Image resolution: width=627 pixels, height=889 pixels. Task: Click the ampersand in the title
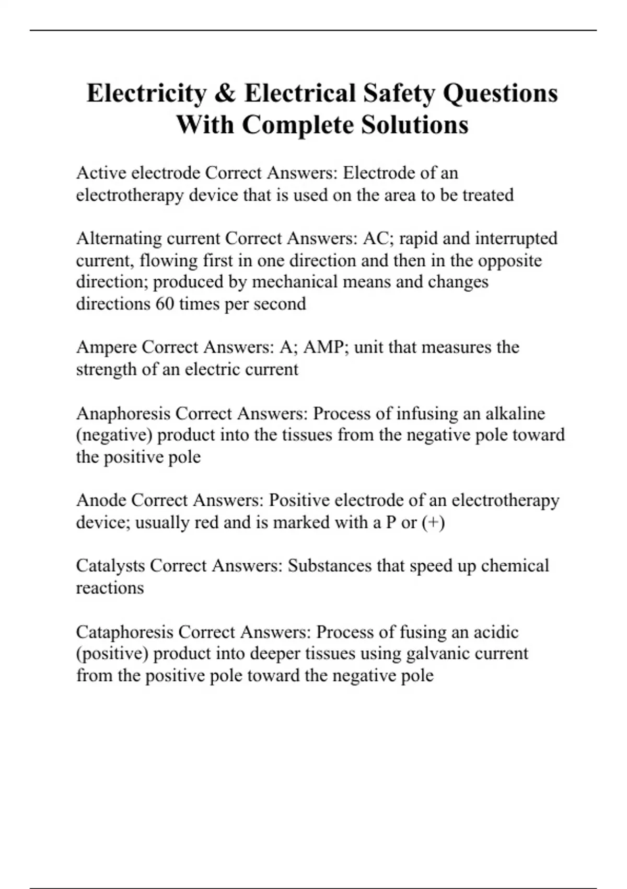point(225,94)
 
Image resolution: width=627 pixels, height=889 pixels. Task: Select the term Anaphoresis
point(123,414)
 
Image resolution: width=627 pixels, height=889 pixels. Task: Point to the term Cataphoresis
point(124,632)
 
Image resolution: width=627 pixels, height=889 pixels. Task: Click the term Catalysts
point(110,566)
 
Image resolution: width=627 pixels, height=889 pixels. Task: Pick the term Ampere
point(107,348)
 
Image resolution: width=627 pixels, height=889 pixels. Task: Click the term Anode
point(101,500)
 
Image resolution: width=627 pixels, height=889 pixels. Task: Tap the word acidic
point(496,632)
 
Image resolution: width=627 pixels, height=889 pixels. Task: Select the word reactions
point(110,588)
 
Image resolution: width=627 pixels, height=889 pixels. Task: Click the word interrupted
point(516,238)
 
